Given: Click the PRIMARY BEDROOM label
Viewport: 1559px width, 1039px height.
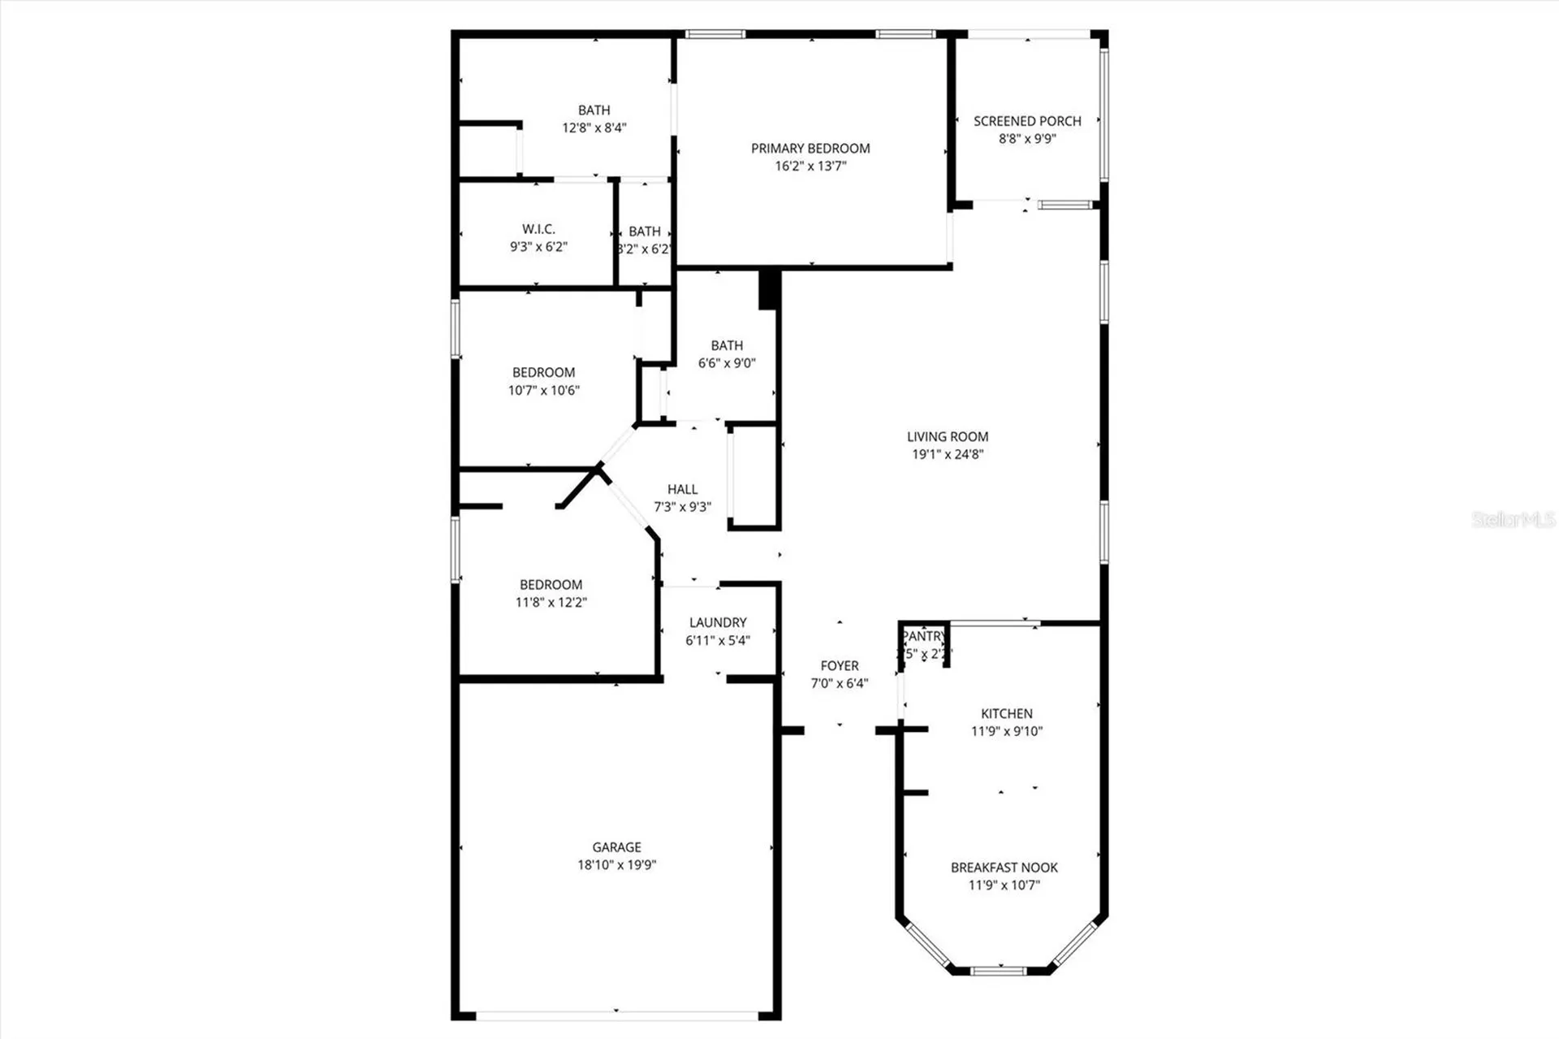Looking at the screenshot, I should tap(810, 148).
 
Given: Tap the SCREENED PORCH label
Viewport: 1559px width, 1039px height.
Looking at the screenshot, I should tap(1027, 121).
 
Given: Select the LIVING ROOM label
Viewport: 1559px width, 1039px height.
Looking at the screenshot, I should tap(948, 436).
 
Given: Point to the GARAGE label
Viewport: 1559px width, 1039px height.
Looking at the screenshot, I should tap(616, 847).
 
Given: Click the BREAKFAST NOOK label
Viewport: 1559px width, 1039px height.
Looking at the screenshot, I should tap(1004, 868).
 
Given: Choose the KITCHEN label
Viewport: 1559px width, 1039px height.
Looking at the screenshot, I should tap(1007, 713).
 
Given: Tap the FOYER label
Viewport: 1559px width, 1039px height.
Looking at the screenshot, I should tap(839, 665).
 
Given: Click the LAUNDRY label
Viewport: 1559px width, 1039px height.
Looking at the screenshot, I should tap(718, 622).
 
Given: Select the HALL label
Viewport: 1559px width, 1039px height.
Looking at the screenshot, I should tap(682, 489).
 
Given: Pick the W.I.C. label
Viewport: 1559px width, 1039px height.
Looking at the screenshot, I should tap(538, 229).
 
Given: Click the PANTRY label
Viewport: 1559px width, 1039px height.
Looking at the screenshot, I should tap(924, 636).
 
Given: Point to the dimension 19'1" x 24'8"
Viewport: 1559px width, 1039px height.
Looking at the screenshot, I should tap(948, 454).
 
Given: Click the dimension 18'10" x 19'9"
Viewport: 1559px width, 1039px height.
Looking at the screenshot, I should tap(616, 865).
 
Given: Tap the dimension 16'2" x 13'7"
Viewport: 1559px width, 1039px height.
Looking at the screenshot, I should tap(810, 166).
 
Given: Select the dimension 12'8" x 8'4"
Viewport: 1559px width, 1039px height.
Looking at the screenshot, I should tap(594, 128).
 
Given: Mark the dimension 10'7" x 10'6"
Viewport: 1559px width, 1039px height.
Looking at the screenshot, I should tap(543, 390).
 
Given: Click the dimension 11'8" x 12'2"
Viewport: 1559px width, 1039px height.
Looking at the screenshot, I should tap(551, 602).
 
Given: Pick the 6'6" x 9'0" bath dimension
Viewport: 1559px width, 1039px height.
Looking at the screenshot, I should tap(727, 363).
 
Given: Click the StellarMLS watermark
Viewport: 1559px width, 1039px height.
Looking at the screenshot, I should tap(1513, 520).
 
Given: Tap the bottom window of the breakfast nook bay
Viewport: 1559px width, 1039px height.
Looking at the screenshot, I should tap(999, 970).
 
